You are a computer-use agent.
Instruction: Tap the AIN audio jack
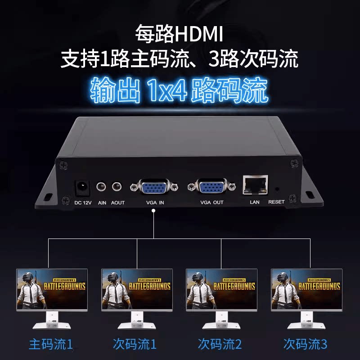click(102, 186)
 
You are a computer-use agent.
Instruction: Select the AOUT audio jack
click(117, 186)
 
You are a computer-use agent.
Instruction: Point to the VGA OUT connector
click(211, 187)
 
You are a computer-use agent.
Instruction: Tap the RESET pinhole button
click(276, 190)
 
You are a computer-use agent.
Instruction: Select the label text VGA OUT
click(211, 202)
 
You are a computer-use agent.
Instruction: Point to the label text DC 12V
click(83, 202)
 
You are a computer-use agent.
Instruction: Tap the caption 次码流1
click(135, 345)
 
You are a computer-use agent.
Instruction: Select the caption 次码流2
click(220, 345)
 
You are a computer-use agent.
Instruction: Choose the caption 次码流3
click(306, 345)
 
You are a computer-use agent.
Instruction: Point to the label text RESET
click(276, 202)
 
